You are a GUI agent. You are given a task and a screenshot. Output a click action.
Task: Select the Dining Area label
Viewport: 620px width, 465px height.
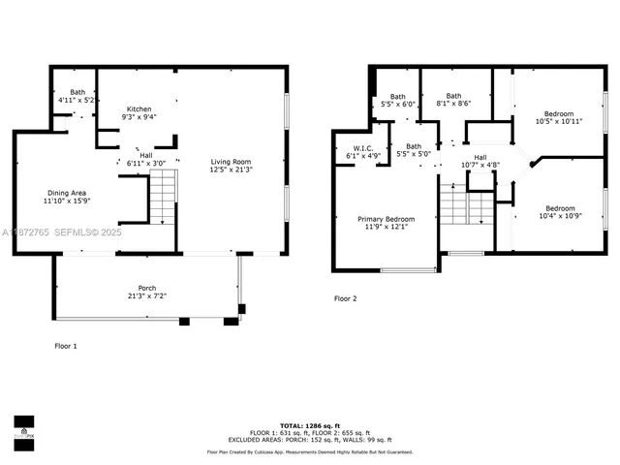click(x=67, y=194)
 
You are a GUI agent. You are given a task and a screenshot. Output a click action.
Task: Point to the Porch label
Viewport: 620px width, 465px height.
click(x=146, y=289)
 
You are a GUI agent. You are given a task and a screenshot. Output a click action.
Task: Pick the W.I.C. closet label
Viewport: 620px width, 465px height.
click(x=350, y=147)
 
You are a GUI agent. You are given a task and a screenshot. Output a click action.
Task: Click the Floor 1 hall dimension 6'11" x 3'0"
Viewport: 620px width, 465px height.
click(x=146, y=163)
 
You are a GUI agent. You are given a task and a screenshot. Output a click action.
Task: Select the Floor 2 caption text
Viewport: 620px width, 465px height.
click(x=345, y=298)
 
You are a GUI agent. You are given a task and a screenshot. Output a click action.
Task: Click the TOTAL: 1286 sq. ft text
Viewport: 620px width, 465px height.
click(x=309, y=426)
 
